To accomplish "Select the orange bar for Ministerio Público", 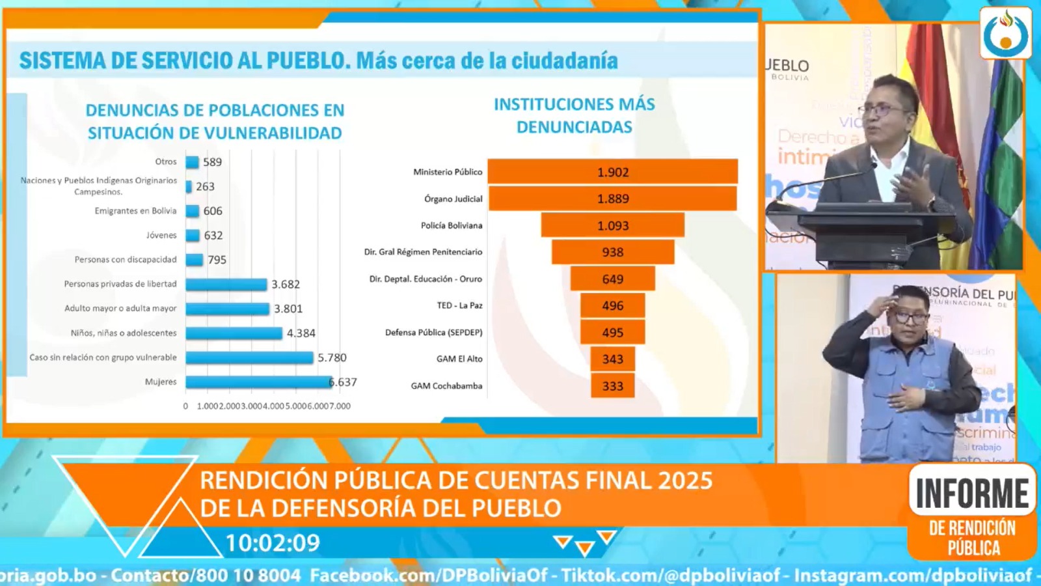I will click(612, 172).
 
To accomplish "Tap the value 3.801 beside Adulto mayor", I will click(288, 309).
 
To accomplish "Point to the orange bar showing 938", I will click(612, 252).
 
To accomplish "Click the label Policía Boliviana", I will click(452, 225).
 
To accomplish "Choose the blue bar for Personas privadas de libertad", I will click(226, 285).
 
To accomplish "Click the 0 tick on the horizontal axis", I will click(185, 406).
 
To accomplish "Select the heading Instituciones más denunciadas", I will click(574, 115).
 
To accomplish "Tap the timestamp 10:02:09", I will click(273, 543).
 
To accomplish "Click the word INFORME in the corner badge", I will click(972, 494).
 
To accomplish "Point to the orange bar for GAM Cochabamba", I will click(612, 386).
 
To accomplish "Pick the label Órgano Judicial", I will click(453, 199).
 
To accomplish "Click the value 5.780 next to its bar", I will click(332, 357).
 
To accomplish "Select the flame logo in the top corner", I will click(1005, 33).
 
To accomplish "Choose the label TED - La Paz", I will click(459, 305).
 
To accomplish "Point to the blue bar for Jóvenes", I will click(193, 236).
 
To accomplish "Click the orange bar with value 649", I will click(612, 279).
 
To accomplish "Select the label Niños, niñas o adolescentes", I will click(124, 333).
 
